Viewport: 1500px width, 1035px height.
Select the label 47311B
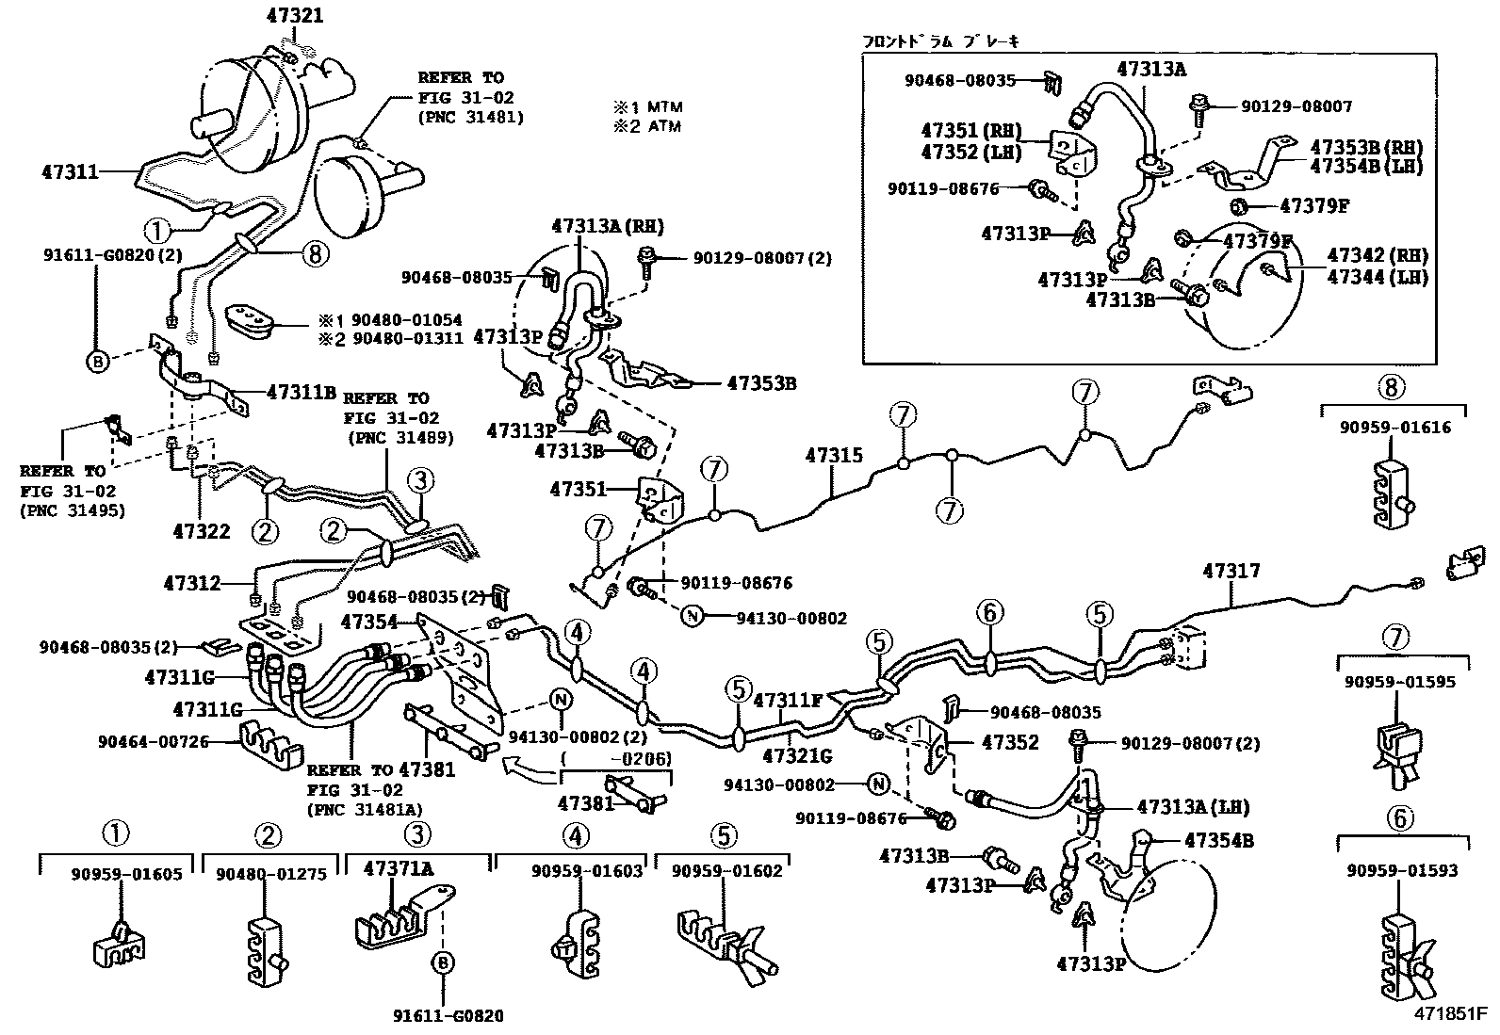pyautogui.click(x=302, y=391)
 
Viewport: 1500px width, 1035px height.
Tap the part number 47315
pyautogui.click(x=834, y=456)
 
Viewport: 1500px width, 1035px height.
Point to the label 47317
pyautogui.click(x=1231, y=571)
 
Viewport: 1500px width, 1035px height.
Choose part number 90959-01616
pyautogui.click(x=1396, y=428)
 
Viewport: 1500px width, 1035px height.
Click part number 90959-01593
pyautogui.click(x=1402, y=870)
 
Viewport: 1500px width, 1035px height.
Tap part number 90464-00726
pyautogui.click(x=153, y=742)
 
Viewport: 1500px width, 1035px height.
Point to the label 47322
pyautogui.click(x=202, y=532)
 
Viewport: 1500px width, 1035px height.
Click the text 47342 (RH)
pyautogui.click(x=1378, y=254)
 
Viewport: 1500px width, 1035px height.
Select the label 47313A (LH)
pyautogui.click(x=1193, y=807)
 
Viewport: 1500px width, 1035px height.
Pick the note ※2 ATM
pyautogui.click(x=647, y=126)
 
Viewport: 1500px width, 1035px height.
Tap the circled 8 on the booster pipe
pyautogui.click(x=316, y=251)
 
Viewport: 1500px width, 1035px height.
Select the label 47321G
pyautogui.click(x=797, y=755)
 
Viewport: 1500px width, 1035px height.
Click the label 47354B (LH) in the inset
pyautogui.click(x=1366, y=166)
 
